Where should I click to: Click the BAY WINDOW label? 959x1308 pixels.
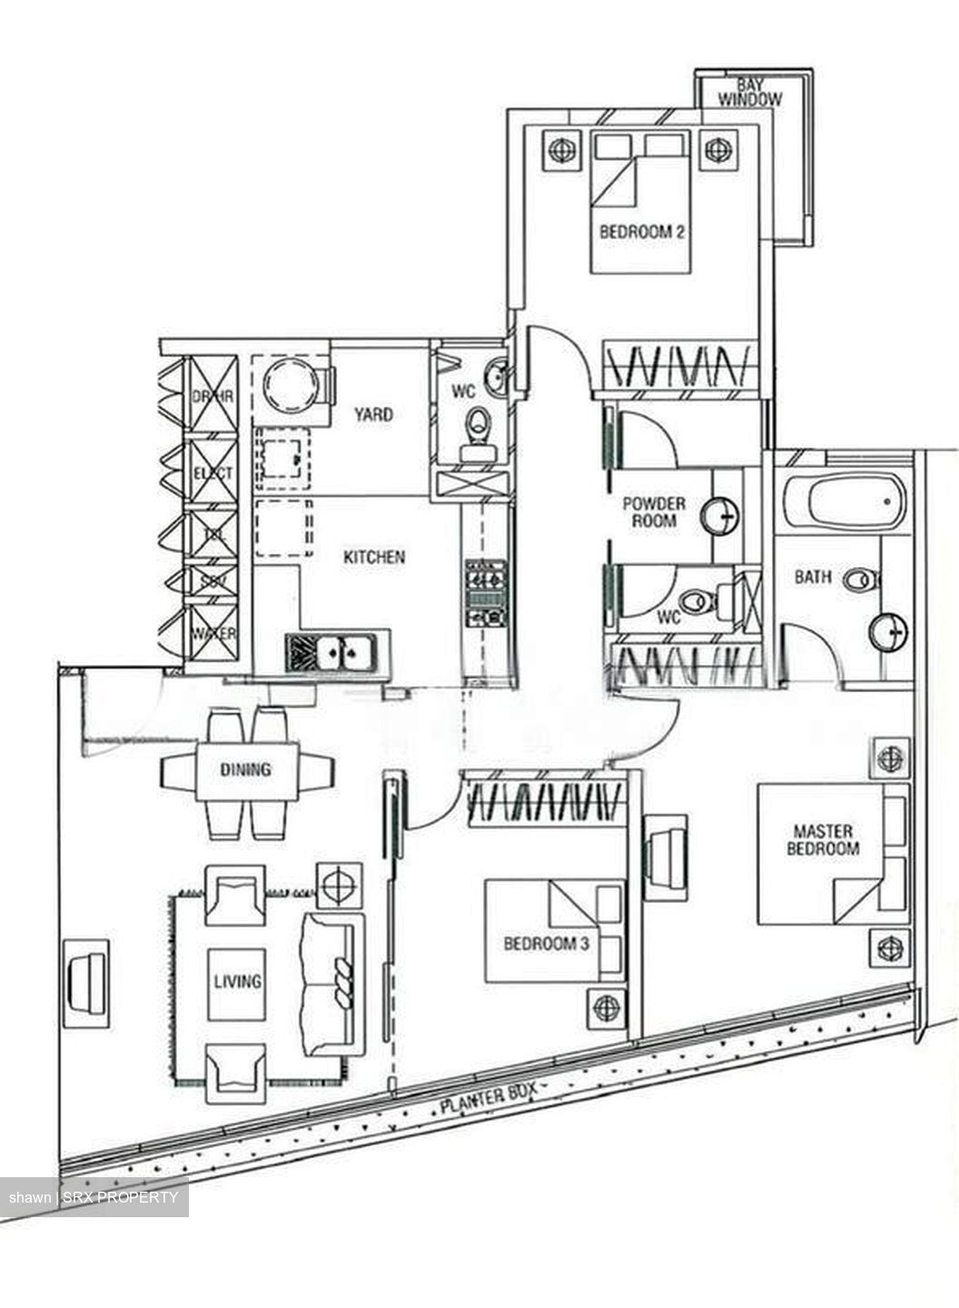(x=749, y=92)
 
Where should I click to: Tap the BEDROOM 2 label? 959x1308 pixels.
(x=641, y=232)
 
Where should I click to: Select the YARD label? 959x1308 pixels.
(x=373, y=414)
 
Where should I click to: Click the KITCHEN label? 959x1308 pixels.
(x=373, y=557)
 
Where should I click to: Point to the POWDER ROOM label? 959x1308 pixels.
(x=654, y=511)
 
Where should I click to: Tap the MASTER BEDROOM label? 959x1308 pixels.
(x=822, y=840)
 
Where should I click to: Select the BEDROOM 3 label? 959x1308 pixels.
(x=546, y=944)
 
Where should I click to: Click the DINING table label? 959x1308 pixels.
(x=246, y=770)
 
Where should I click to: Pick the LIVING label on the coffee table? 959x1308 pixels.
(x=237, y=981)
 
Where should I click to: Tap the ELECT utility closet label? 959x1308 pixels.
(x=213, y=472)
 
